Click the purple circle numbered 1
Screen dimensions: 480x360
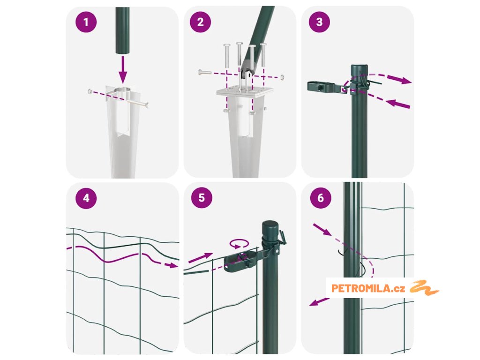tap(86, 22)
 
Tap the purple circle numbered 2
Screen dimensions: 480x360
tap(201, 22)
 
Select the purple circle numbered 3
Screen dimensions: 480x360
tap(319, 22)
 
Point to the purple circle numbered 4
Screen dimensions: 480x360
tap(86, 198)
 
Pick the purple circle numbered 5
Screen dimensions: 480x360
tap(202, 198)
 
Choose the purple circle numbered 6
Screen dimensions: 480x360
tap(321, 198)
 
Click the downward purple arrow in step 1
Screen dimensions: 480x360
tap(123, 69)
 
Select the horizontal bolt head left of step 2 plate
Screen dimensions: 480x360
tap(204, 73)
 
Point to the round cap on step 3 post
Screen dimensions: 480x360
tap(360, 69)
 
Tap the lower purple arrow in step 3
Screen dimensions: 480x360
tap(398, 104)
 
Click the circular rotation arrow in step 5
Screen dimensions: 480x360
tap(239, 244)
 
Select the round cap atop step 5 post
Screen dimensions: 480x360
tap(270, 227)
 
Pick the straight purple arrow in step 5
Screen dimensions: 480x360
tap(201, 258)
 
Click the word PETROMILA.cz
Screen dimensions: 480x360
tap(368, 288)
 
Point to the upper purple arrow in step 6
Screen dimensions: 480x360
tap(322, 230)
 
